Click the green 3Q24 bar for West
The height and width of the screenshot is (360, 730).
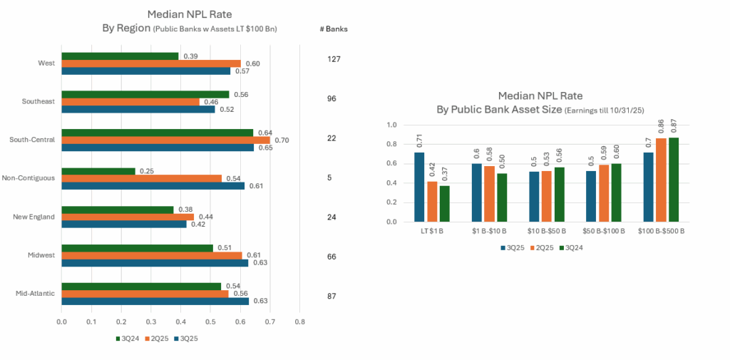click(120, 56)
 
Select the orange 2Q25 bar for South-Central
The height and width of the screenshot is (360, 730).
click(165, 140)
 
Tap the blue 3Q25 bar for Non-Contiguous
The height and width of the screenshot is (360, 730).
click(153, 185)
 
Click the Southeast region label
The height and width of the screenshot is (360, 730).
click(38, 101)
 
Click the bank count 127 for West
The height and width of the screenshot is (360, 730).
click(334, 59)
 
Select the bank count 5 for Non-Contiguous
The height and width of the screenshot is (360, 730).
click(329, 178)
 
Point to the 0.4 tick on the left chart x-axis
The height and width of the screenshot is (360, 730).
click(180, 322)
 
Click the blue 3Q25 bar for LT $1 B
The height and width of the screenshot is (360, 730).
click(419, 187)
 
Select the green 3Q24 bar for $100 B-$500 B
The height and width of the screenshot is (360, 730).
click(674, 180)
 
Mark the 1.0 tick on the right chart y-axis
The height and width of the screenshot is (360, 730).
click(391, 125)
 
